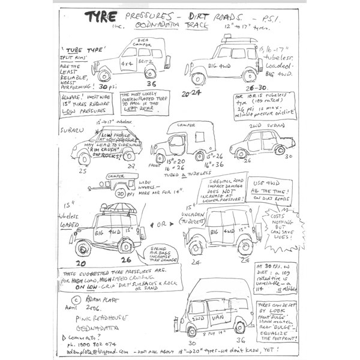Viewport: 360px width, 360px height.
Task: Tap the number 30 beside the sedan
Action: (288, 155)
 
